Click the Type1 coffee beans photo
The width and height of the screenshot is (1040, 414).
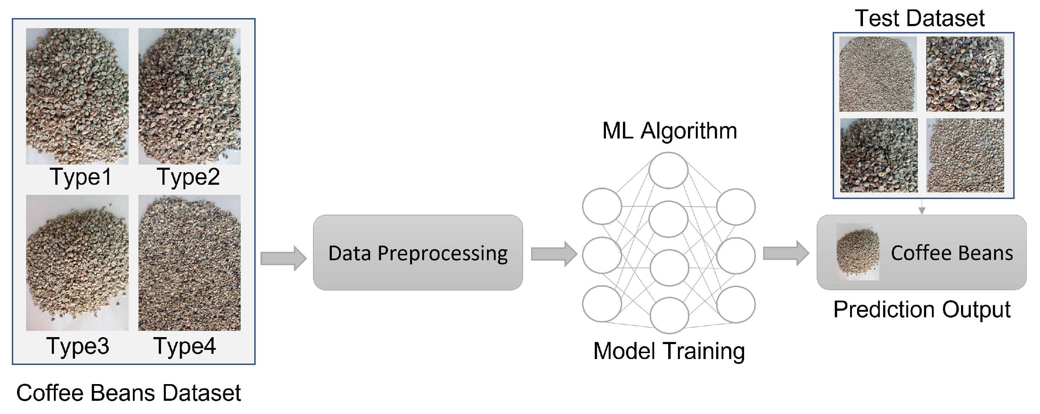pos(77,96)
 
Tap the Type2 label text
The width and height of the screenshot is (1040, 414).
pos(189,177)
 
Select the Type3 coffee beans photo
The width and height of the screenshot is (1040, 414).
pos(77,263)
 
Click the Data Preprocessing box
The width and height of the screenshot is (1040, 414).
pos(418,253)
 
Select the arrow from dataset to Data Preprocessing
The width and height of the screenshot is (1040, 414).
pos(283,258)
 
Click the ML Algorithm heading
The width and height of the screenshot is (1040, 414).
pos(669,131)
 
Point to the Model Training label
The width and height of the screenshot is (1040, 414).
pos(669,351)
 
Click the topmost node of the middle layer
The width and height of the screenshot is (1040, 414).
pos(668,170)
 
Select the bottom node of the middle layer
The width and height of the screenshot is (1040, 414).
pos(669,316)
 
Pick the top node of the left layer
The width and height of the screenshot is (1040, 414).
pos(601,206)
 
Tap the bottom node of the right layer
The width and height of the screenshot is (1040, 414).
pos(736,304)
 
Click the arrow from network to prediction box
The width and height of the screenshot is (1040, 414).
pos(786,253)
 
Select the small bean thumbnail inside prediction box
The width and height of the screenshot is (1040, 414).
pos(857,252)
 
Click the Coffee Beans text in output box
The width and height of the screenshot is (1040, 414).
pos(952,253)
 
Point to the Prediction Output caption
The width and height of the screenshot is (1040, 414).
pos(922,310)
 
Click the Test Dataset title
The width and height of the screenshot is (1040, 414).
pos(920,18)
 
